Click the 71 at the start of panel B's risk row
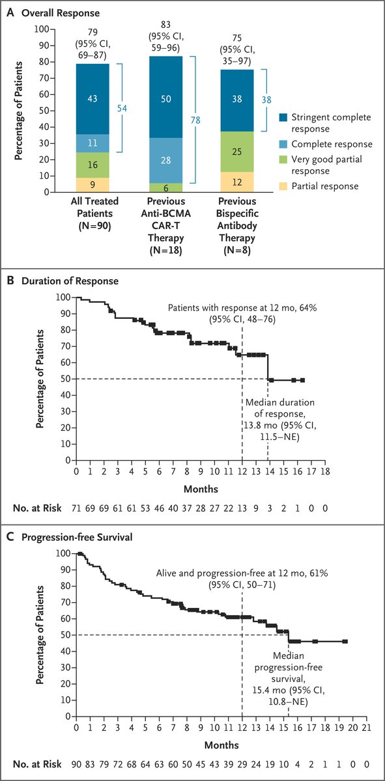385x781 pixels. (x=77, y=506)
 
